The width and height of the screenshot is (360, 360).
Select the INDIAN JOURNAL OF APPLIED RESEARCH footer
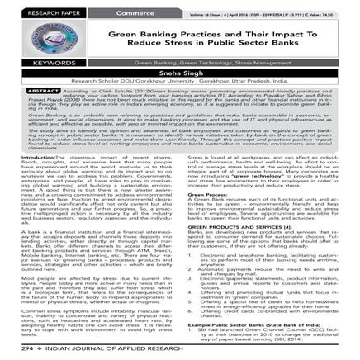[x=99, y=350]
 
